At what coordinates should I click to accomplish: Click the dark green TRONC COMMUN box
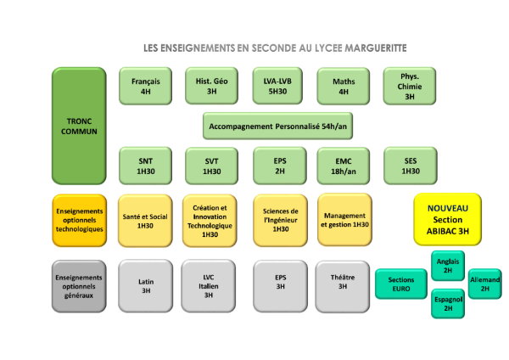tap(79, 126)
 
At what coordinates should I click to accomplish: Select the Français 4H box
tap(145, 86)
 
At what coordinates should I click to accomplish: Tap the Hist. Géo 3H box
tap(211, 86)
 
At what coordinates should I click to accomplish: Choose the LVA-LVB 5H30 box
tap(277, 86)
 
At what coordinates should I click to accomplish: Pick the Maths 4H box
tap(344, 86)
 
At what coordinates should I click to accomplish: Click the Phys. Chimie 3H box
tap(410, 86)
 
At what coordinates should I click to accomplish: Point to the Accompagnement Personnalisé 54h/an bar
tap(278, 126)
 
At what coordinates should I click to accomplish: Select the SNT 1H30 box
tap(145, 166)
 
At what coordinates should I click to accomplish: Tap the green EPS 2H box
tap(280, 166)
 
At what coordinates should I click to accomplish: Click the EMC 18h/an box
tap(344, 166)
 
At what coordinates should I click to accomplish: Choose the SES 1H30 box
tap(411, 166)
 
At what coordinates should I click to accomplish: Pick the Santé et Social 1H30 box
tap(145, 221)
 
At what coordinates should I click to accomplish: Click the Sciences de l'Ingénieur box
tap(281, 221)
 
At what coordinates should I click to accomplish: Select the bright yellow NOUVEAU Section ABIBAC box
tap(448, 220)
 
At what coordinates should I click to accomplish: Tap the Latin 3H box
tap(146, 286)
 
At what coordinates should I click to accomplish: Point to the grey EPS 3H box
tap(281, 286)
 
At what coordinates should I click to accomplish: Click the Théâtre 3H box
tap(343, 286)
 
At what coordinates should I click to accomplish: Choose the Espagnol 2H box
tap(448, 304)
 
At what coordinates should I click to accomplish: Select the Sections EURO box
tap(401, 284)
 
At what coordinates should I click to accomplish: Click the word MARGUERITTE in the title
tap(376, 48)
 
